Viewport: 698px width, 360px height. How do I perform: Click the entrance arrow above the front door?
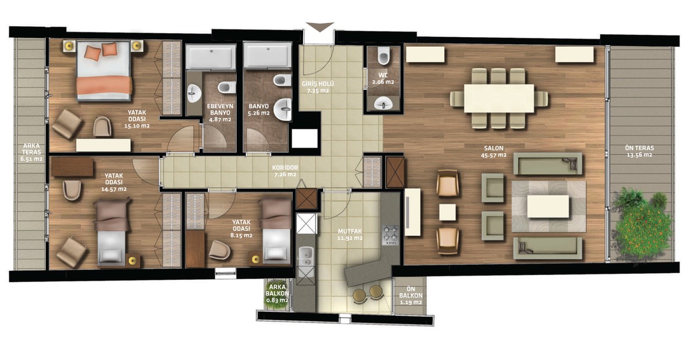(320, 27)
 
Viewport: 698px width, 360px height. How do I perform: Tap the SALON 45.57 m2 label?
(494, 151)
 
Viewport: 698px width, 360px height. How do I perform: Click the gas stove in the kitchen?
(390, 235)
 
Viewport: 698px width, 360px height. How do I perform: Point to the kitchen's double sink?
(306, 255)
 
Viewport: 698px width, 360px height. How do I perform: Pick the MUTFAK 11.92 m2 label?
(350, 235)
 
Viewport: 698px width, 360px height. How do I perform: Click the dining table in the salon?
(499, 98)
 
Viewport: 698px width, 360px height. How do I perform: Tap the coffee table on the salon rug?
(548, 206)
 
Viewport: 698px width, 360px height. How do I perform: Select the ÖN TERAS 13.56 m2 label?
(639, 151)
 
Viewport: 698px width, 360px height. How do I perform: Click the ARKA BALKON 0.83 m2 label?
(277, 294)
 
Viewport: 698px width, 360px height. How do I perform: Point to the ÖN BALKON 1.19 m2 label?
(411, 295)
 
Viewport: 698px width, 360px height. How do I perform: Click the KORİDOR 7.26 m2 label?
(285, 171)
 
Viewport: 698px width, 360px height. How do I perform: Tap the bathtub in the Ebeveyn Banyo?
(211, 56)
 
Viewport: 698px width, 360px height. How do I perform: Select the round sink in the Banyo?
(283, 109)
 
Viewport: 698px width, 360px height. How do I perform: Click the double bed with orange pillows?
(104, 71)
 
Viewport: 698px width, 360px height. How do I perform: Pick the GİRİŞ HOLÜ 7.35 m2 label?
(318, 87)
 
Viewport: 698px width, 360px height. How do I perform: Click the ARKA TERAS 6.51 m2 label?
(31, 152)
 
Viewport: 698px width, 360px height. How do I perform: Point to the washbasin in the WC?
(383, 103)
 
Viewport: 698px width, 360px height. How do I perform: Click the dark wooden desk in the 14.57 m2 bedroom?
(72, 167)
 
